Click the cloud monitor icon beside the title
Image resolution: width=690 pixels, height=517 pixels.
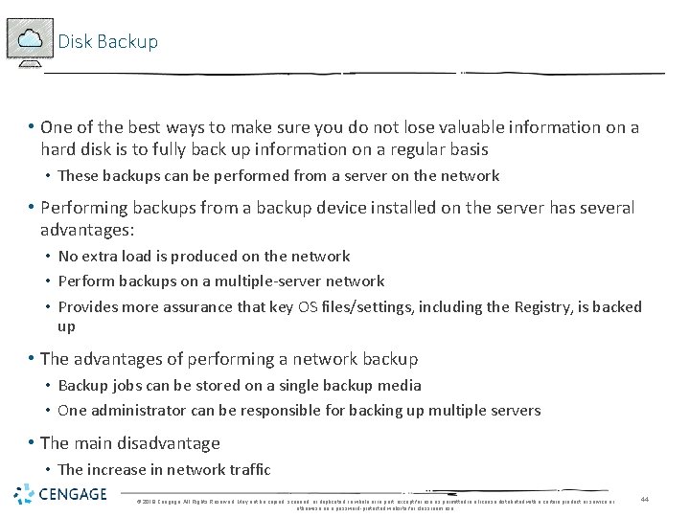pos(29,40)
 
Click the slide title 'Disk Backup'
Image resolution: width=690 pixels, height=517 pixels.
pos(108,42)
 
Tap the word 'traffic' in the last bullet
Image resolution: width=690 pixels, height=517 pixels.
pos(246,469)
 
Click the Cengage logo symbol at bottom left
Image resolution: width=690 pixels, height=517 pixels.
pos(23,494)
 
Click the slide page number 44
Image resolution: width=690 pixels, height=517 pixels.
pos(645,499)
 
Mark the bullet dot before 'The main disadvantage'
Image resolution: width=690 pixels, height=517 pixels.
pos(32,443)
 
